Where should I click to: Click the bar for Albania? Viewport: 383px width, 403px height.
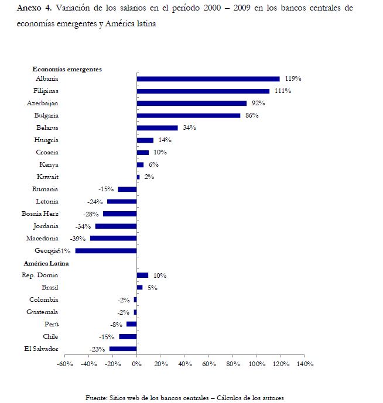[x=208, y=79]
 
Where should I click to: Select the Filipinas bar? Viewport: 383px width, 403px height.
[x=203, y=91]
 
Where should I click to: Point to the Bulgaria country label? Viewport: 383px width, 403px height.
[x=46, y=116]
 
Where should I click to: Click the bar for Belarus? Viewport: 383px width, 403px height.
[x=157, y=128]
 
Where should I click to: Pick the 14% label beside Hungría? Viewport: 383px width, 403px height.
[x=165, y=140]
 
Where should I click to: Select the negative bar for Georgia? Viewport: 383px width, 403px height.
[x=105, y=251]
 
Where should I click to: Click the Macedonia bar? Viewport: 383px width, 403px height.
[x=113, y=239]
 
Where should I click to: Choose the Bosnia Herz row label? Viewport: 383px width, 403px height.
[x=40, y=214]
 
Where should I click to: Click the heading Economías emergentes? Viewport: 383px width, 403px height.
[x=67, y=69]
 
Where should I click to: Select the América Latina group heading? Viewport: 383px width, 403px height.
[x=56, y=263]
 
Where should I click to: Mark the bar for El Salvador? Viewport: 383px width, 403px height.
[x=123, y=349]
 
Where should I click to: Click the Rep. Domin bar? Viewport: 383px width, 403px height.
[x=142, y=275]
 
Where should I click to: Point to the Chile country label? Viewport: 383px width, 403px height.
[x=50, y=337]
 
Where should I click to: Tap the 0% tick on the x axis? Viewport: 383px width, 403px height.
[x=136, y=364]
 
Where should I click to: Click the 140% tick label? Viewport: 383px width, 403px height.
[x=305, y=364]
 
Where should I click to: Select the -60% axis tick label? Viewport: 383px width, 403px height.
[x=64, y=364]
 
